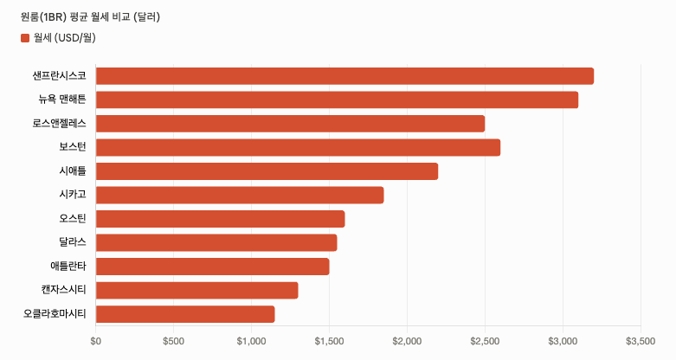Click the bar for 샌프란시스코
click(x=344, y=76)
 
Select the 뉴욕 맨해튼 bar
click(x=338, y=100)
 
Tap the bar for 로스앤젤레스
click(x=290, y=124)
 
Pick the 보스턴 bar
click(x=298, y=147)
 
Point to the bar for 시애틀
click(x=267, y=171)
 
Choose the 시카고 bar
click(x=240, y=195)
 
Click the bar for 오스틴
click(x=221, y=219)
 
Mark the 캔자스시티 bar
click(x=197, y=290)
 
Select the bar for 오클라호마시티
click(x=185, y=314)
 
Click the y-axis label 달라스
click(x=73, y=242)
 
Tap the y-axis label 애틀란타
click(x=68, y=266)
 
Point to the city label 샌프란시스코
click(x=59, y=76)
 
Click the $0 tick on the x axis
click(x=96, y=341)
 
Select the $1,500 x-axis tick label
click(x=330, y=341)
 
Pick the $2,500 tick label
click(x=485, y=341)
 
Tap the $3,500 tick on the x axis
click(x=641, y=341)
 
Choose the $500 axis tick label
click(x=173, y=341)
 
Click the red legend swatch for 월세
click(x=25, y=38)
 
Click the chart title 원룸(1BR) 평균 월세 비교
click(x=75, y=17)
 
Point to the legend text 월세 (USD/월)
click(x=65, y=38)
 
